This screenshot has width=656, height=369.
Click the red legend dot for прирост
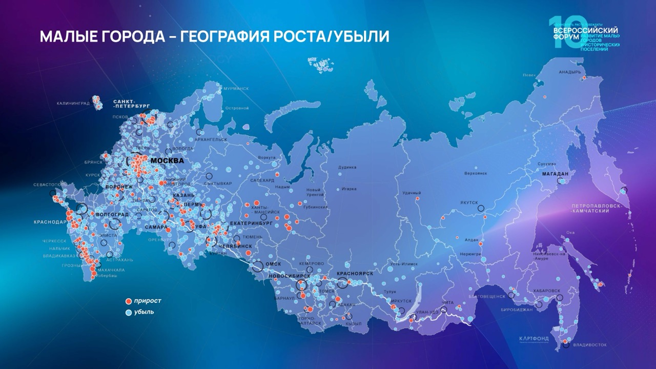click(x=129, y=301)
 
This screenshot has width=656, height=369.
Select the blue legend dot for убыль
click(x=129, y=312)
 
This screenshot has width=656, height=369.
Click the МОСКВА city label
click(x=168, y=161)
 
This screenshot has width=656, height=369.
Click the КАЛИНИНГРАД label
click(x=73, y=103)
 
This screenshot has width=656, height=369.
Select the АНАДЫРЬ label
click(x=570, y=72)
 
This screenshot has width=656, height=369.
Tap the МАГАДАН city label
click(x=556, y=174)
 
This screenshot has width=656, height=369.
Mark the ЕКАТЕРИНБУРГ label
click(x=251, y=223)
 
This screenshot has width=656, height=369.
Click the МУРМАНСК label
click(x=236, y=89)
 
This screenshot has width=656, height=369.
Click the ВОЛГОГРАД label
click(x=112, y=214)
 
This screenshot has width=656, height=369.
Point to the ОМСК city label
click(x=273, y=264)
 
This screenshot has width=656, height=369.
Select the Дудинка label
click(x=347, y=168)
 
